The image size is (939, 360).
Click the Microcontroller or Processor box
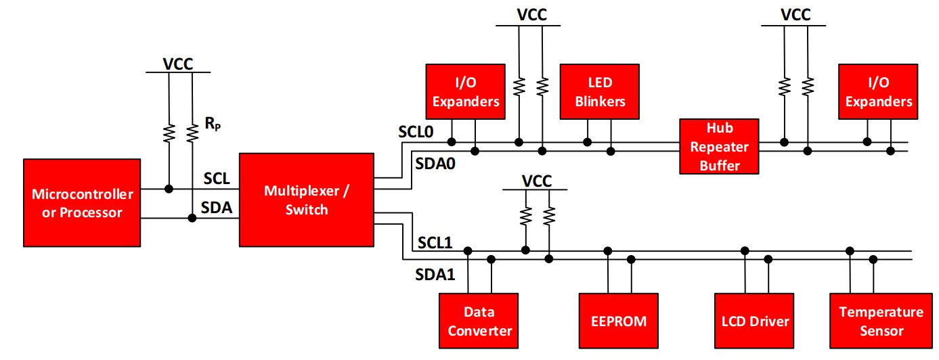(x=82, y=203)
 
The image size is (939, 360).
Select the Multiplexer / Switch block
(x=306, y=199)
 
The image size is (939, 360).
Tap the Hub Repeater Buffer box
(x=719, y=146)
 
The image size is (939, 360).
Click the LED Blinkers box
(x=599, y=92)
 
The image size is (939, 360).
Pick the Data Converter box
(x=479, y=321)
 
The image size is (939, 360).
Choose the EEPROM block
(x=619, y=321)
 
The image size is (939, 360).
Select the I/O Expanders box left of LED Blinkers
(x=465, y=92)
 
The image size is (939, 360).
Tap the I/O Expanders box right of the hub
(x=878, y=92)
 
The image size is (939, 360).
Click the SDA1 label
(x=435, y=275)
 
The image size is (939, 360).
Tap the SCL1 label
(x=435, y=242)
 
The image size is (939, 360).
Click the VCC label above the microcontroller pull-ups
(x=178, y=64)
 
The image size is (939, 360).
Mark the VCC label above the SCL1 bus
(x=537, y=181)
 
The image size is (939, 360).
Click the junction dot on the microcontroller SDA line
(x=192, y=218)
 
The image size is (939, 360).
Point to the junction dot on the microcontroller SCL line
(x=169, y=188)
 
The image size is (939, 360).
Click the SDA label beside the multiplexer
(x=218, y=208)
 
